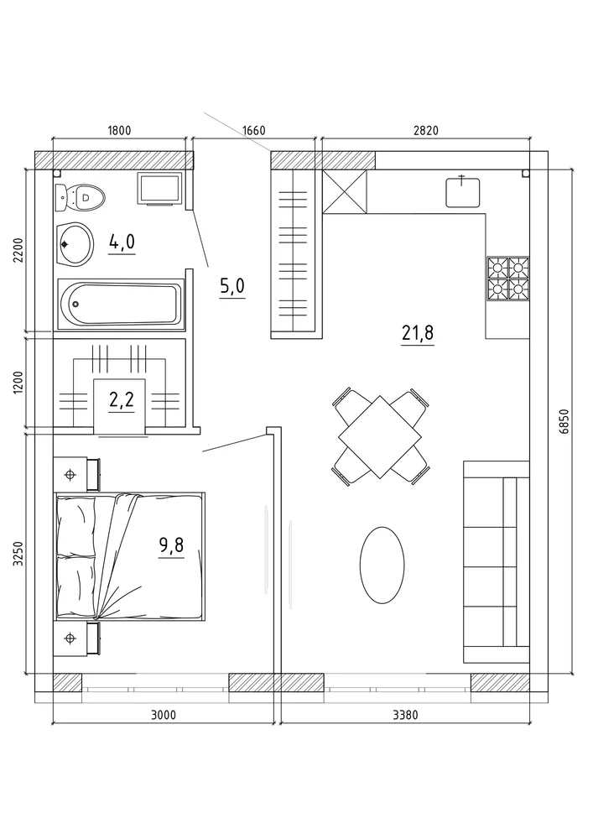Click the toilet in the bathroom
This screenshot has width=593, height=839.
80,197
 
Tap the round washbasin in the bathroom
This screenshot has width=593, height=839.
75,244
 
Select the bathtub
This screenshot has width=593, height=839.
120,304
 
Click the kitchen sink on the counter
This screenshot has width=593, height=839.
463,192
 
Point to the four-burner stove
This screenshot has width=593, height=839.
507,278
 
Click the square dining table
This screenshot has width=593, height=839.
380,437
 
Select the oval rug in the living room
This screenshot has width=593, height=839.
382,565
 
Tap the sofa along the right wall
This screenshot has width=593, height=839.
497,561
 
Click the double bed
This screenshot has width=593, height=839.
130,557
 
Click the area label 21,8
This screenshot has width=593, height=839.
418,333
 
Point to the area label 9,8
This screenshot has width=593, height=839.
171,545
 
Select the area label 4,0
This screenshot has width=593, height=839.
122,242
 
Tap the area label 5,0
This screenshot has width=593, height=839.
232,286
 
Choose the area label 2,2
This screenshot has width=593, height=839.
121,400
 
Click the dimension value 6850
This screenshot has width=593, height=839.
565,422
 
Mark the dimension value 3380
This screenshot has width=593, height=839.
405,714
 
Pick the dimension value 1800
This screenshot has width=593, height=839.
119,130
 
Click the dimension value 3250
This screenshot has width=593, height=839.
19,553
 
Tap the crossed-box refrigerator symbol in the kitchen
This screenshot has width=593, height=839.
345,191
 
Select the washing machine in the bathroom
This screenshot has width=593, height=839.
160,188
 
